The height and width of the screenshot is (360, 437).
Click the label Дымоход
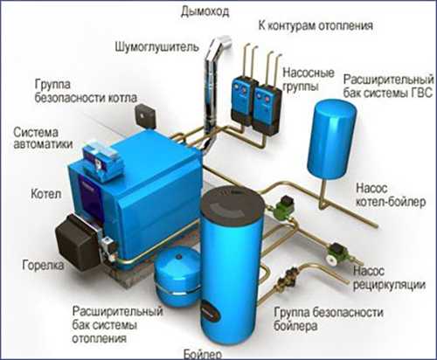(x=205, y=11)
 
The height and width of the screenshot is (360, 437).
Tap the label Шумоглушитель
(x=157, y=46)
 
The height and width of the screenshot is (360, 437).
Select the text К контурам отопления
(x=316, y=25)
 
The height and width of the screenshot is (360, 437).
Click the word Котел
(x=46, y=194)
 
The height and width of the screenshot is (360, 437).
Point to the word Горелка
(x=43, y=265)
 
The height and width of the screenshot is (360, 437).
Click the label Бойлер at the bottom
(x=203, y=354)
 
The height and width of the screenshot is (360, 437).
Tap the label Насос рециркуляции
(x=389, y=278)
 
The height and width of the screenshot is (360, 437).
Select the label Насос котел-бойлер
(x=391, y=195)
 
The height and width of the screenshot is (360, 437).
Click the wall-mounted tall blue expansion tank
(x=332, y=138)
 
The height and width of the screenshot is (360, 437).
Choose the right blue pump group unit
(x=267, y=109)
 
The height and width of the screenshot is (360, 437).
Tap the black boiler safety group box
(x=146, y=115)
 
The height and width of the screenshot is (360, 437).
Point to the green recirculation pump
(x=335, y=253)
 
